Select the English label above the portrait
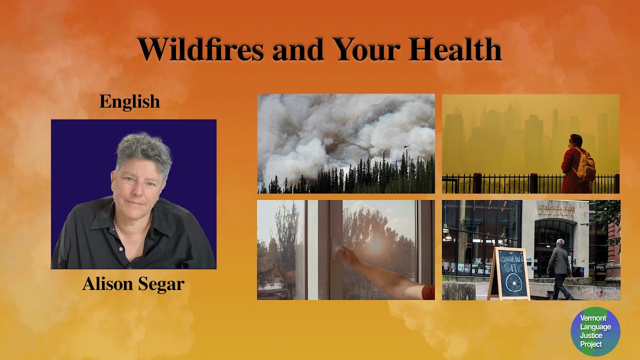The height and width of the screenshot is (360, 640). tap(129, 101)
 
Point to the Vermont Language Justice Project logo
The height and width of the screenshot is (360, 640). tap(595, 331)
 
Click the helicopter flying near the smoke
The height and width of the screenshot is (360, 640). tap(407, 146)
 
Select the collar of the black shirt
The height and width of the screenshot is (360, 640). tap(107, 210)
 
